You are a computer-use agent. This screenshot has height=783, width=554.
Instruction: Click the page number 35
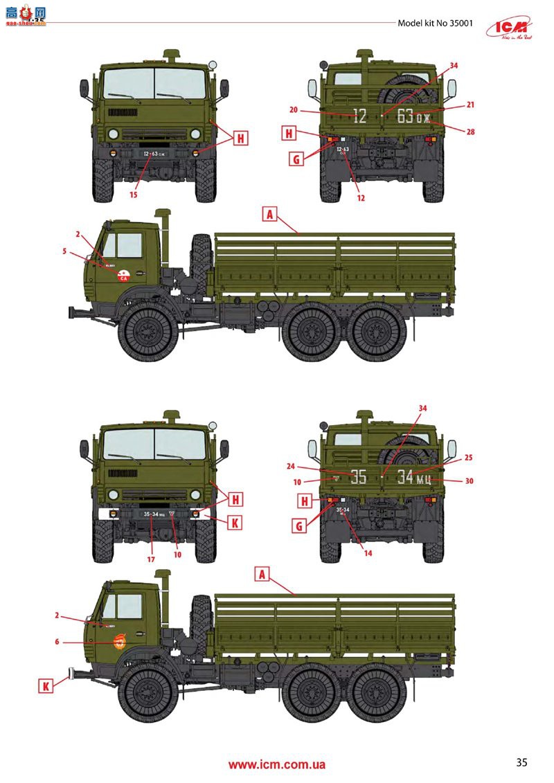coord(521,762)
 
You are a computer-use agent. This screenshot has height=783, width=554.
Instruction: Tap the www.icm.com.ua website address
coord(277,765)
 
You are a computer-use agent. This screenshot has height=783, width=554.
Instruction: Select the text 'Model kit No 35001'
coord(436,23)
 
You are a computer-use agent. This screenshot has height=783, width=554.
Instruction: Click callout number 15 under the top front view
coord(133,195)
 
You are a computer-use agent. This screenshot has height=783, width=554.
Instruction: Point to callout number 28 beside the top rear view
coord(450,131)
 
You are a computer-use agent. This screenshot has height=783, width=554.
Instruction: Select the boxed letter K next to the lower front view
coord(235,523)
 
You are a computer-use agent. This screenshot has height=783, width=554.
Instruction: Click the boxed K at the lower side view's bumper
coord(46,685)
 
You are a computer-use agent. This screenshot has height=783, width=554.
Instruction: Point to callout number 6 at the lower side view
coord(57,642)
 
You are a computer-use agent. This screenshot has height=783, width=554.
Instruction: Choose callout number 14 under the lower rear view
coord(368,553)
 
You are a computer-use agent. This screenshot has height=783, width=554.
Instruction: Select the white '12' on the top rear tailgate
coord(359,116)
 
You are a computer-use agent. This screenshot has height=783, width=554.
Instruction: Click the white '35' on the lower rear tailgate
coord(358,477)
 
